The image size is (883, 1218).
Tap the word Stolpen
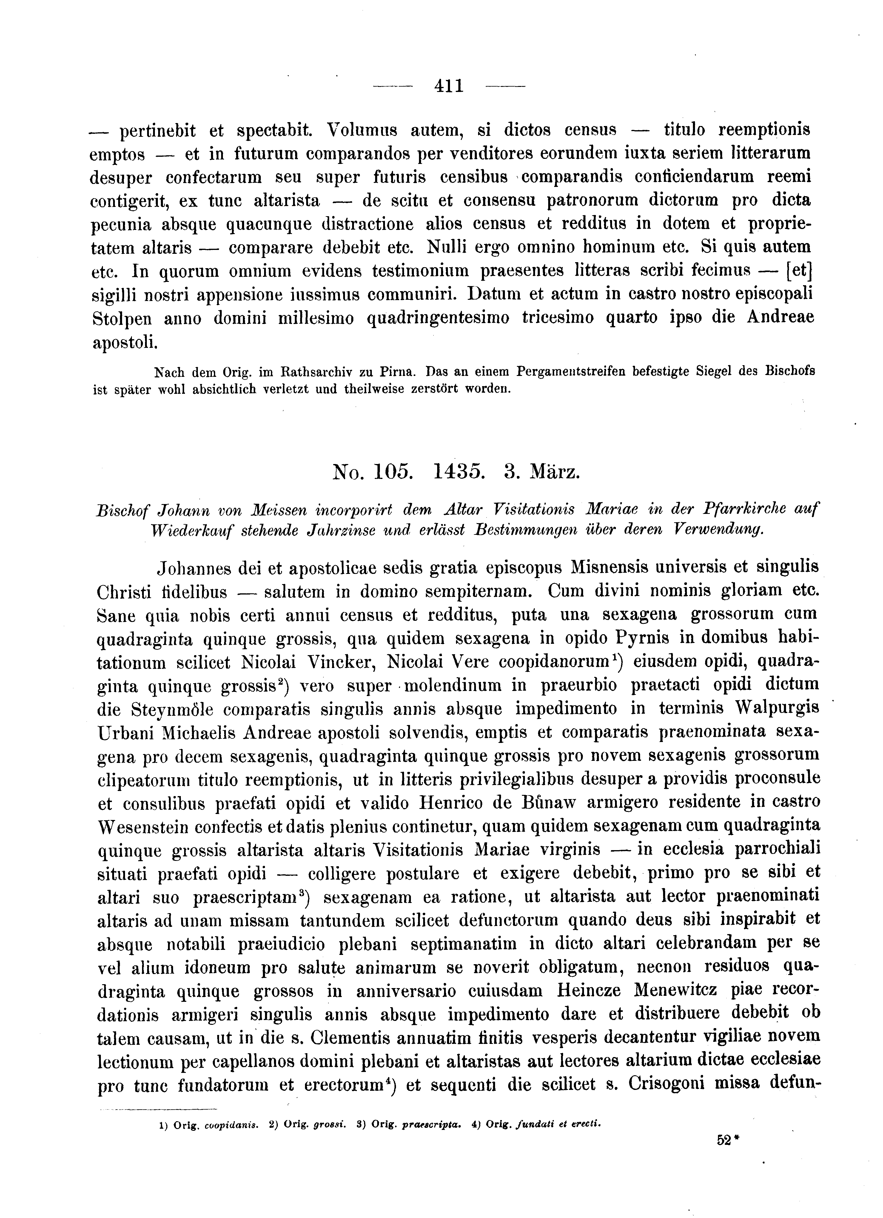tap(122, 319)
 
